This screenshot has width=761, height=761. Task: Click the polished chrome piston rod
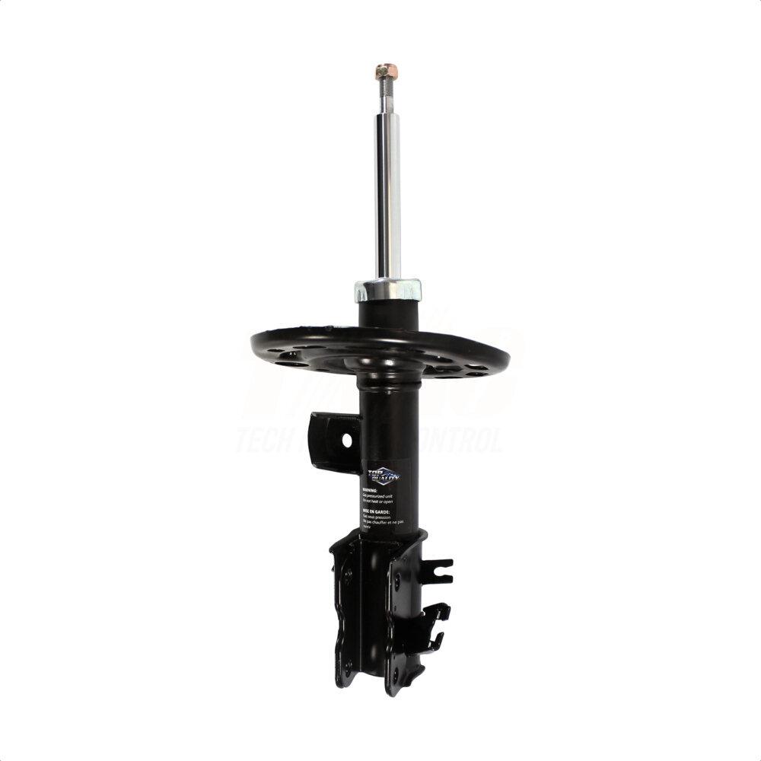click(x=389, y=190)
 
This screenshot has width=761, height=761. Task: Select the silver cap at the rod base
click(x=387, y=290)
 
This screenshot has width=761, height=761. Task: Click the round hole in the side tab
click(x=346, y=440)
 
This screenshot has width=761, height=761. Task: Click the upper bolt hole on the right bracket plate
click(x=396, y=581)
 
